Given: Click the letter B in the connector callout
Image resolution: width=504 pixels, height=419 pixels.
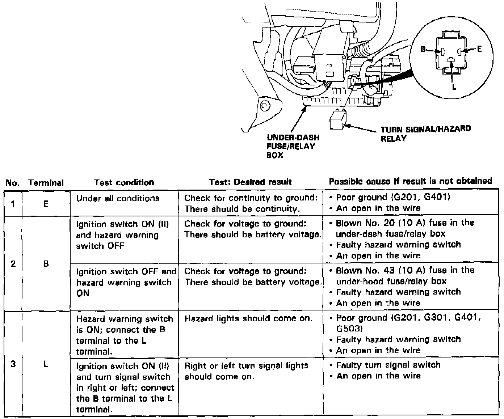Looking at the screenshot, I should [x=423, y=50].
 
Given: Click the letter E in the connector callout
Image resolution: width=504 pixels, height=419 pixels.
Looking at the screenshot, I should [x=479, y=49].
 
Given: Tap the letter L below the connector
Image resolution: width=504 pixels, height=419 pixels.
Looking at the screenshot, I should [x=454, y=86].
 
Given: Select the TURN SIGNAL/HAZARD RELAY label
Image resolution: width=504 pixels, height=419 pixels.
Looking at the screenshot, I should [x=425, y=133].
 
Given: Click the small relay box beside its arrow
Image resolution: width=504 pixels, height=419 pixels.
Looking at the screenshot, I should [x=338, y=120].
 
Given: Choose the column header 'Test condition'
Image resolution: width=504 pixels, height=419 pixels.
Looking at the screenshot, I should [x=124, y=182].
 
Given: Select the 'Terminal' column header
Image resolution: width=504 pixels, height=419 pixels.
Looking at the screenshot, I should [x=46, y=183].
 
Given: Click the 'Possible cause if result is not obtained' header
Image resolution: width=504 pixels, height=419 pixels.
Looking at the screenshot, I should [x=410, y=181].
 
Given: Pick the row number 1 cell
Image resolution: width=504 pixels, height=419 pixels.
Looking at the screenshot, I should [x=13, y=204].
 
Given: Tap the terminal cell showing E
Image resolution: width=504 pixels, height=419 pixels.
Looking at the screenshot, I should [x=46, y=204].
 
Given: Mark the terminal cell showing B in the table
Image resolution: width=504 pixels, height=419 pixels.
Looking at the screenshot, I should [x=46, y=264].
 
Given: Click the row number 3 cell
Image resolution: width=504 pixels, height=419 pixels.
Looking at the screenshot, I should [x=13, y=364].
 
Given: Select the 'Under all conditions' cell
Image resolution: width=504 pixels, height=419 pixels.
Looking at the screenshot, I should [x=118, y=198].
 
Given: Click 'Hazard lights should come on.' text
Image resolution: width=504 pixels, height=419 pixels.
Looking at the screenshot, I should [x=248, y=319].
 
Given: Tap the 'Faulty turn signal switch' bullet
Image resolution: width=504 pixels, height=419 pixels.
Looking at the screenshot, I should [x=388, y=365].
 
